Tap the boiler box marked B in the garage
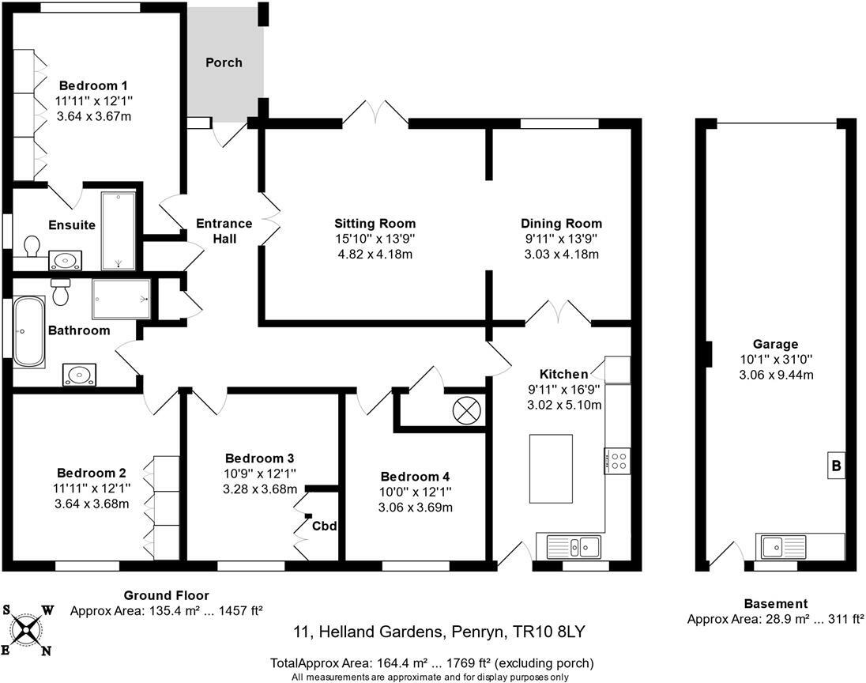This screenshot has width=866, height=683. tap(835, 466)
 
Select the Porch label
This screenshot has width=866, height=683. tap(224, 62)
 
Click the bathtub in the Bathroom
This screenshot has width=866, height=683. tap(28, 331)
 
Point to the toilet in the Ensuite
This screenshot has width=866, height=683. tap(32, 247)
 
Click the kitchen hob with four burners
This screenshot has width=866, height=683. tap(617, 460)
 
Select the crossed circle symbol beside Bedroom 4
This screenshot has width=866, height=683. tap(461, 409)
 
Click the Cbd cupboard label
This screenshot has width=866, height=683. tap(323, 526)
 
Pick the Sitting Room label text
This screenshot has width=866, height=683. tap(375, 224)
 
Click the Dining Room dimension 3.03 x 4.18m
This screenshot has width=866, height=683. tap(561, 254)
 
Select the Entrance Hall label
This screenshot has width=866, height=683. tap(224, 231)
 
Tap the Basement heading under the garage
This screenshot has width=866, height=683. tap(775, 603)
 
